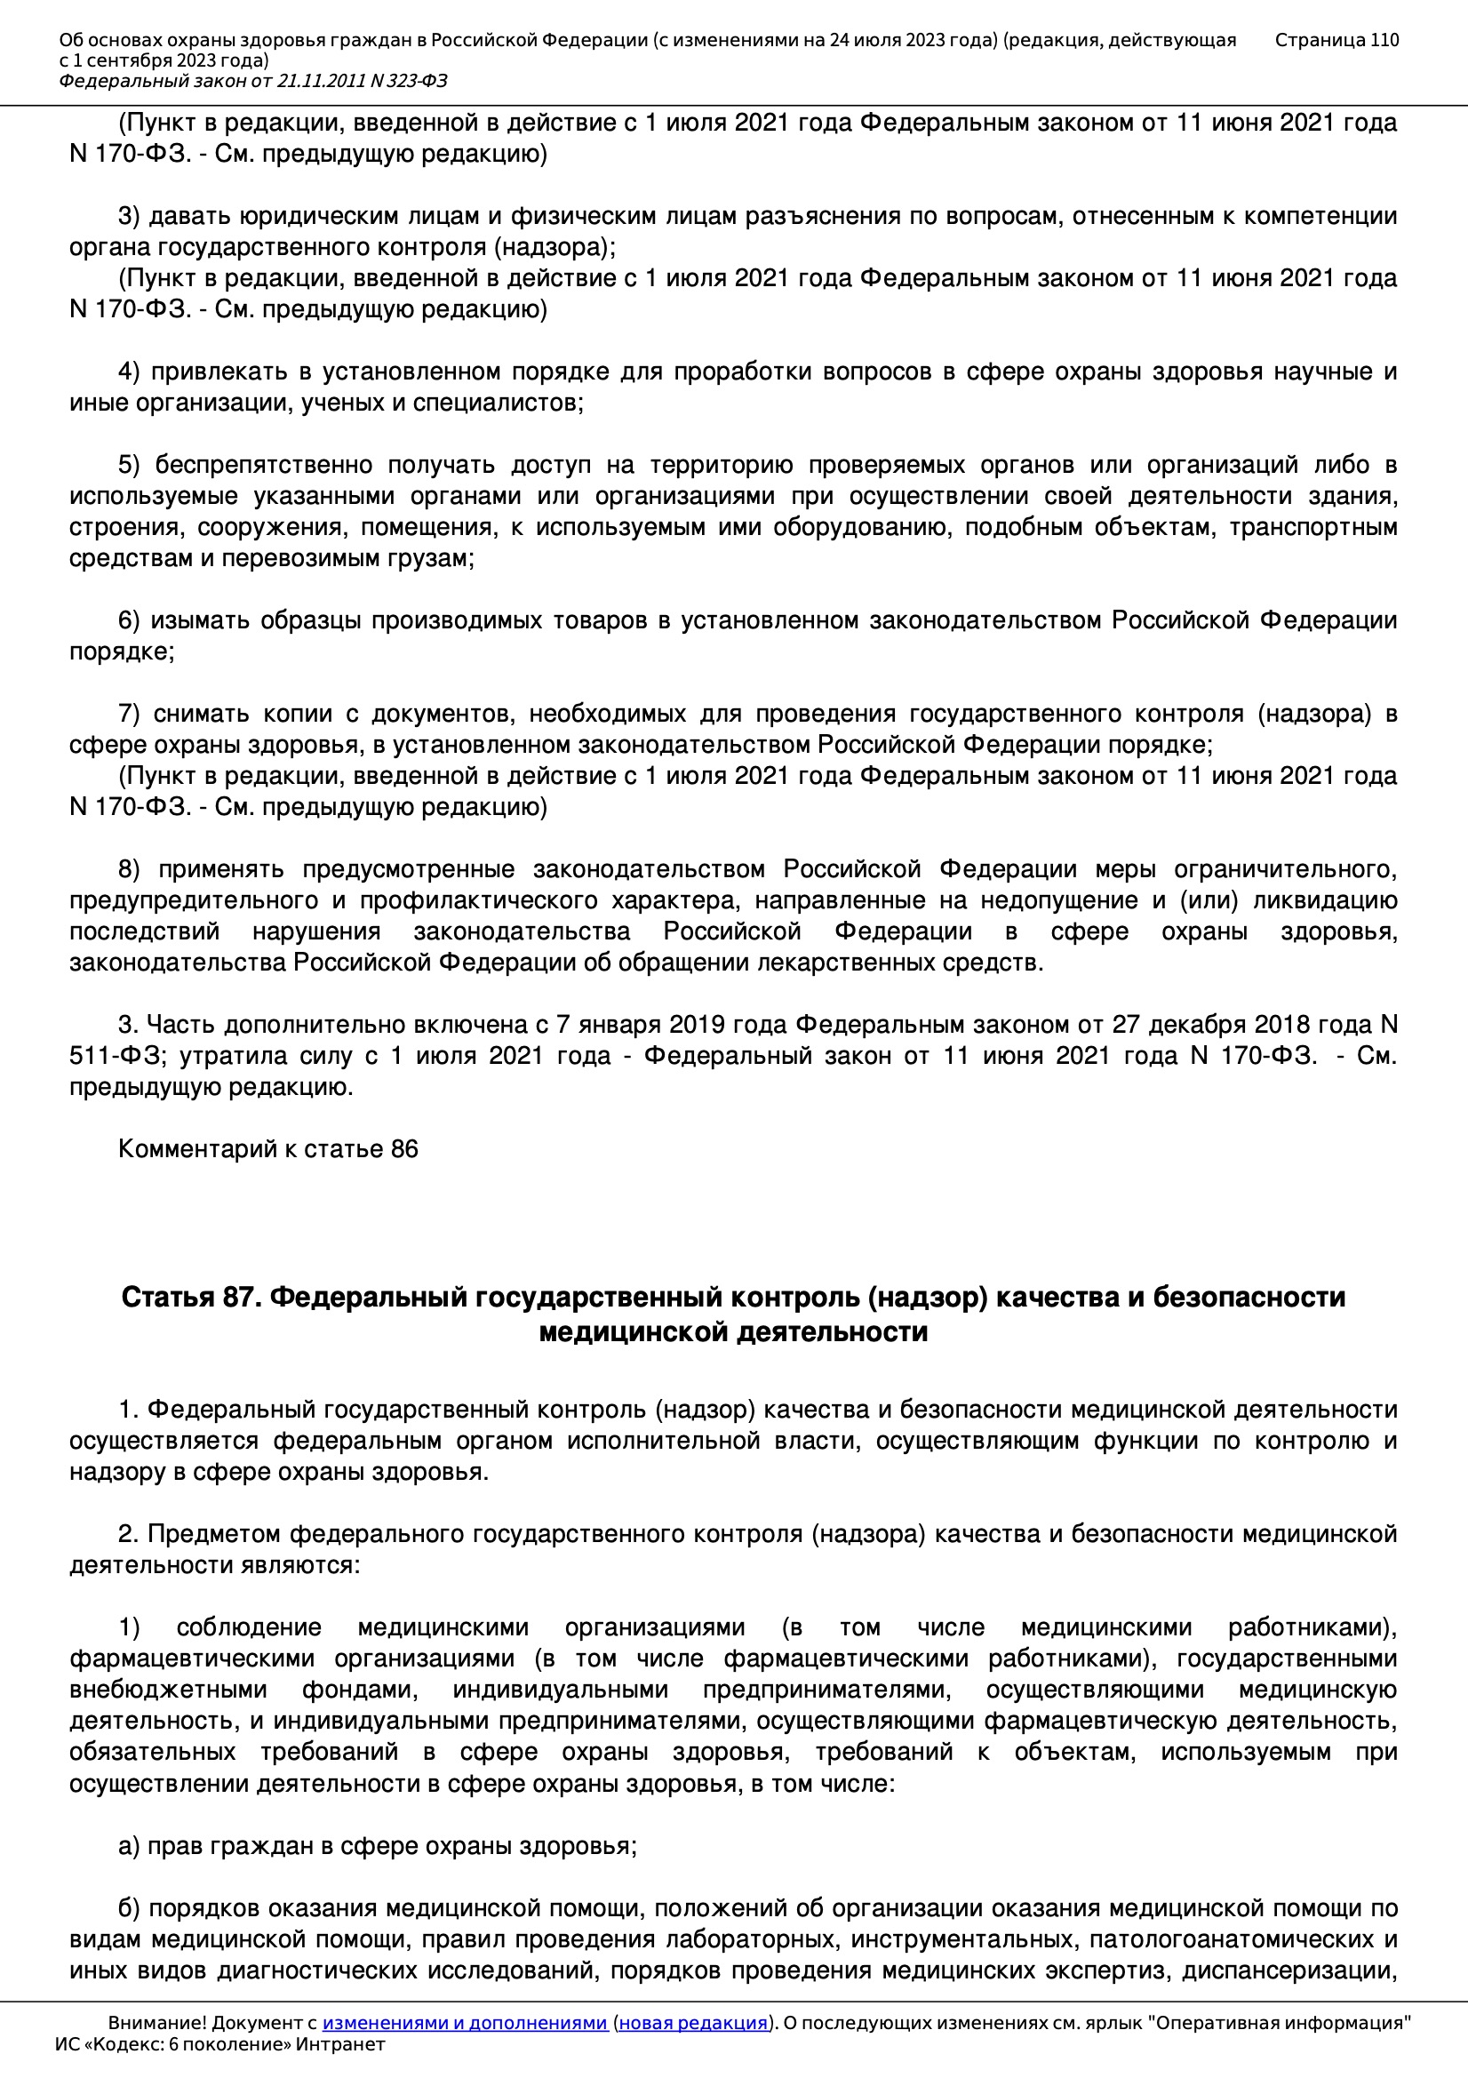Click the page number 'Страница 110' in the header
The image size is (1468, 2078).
tap(1336, 40)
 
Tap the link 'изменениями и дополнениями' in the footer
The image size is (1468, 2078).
tap(464, 2023)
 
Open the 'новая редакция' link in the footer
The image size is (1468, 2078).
tap(692, 2023)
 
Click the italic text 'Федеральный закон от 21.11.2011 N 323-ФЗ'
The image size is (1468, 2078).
tap(252, 82)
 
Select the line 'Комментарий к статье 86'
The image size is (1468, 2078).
tap(267, 1149)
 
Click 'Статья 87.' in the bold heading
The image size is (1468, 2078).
tap(191, 1298)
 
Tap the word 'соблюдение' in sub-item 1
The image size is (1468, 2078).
tap(249, 1627)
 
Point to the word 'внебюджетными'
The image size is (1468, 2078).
tap(168, 1690)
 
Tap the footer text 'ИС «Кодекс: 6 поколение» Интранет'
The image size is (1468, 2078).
tap(219, 2044)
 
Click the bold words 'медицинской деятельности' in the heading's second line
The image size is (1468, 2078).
tap(733, 1332)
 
